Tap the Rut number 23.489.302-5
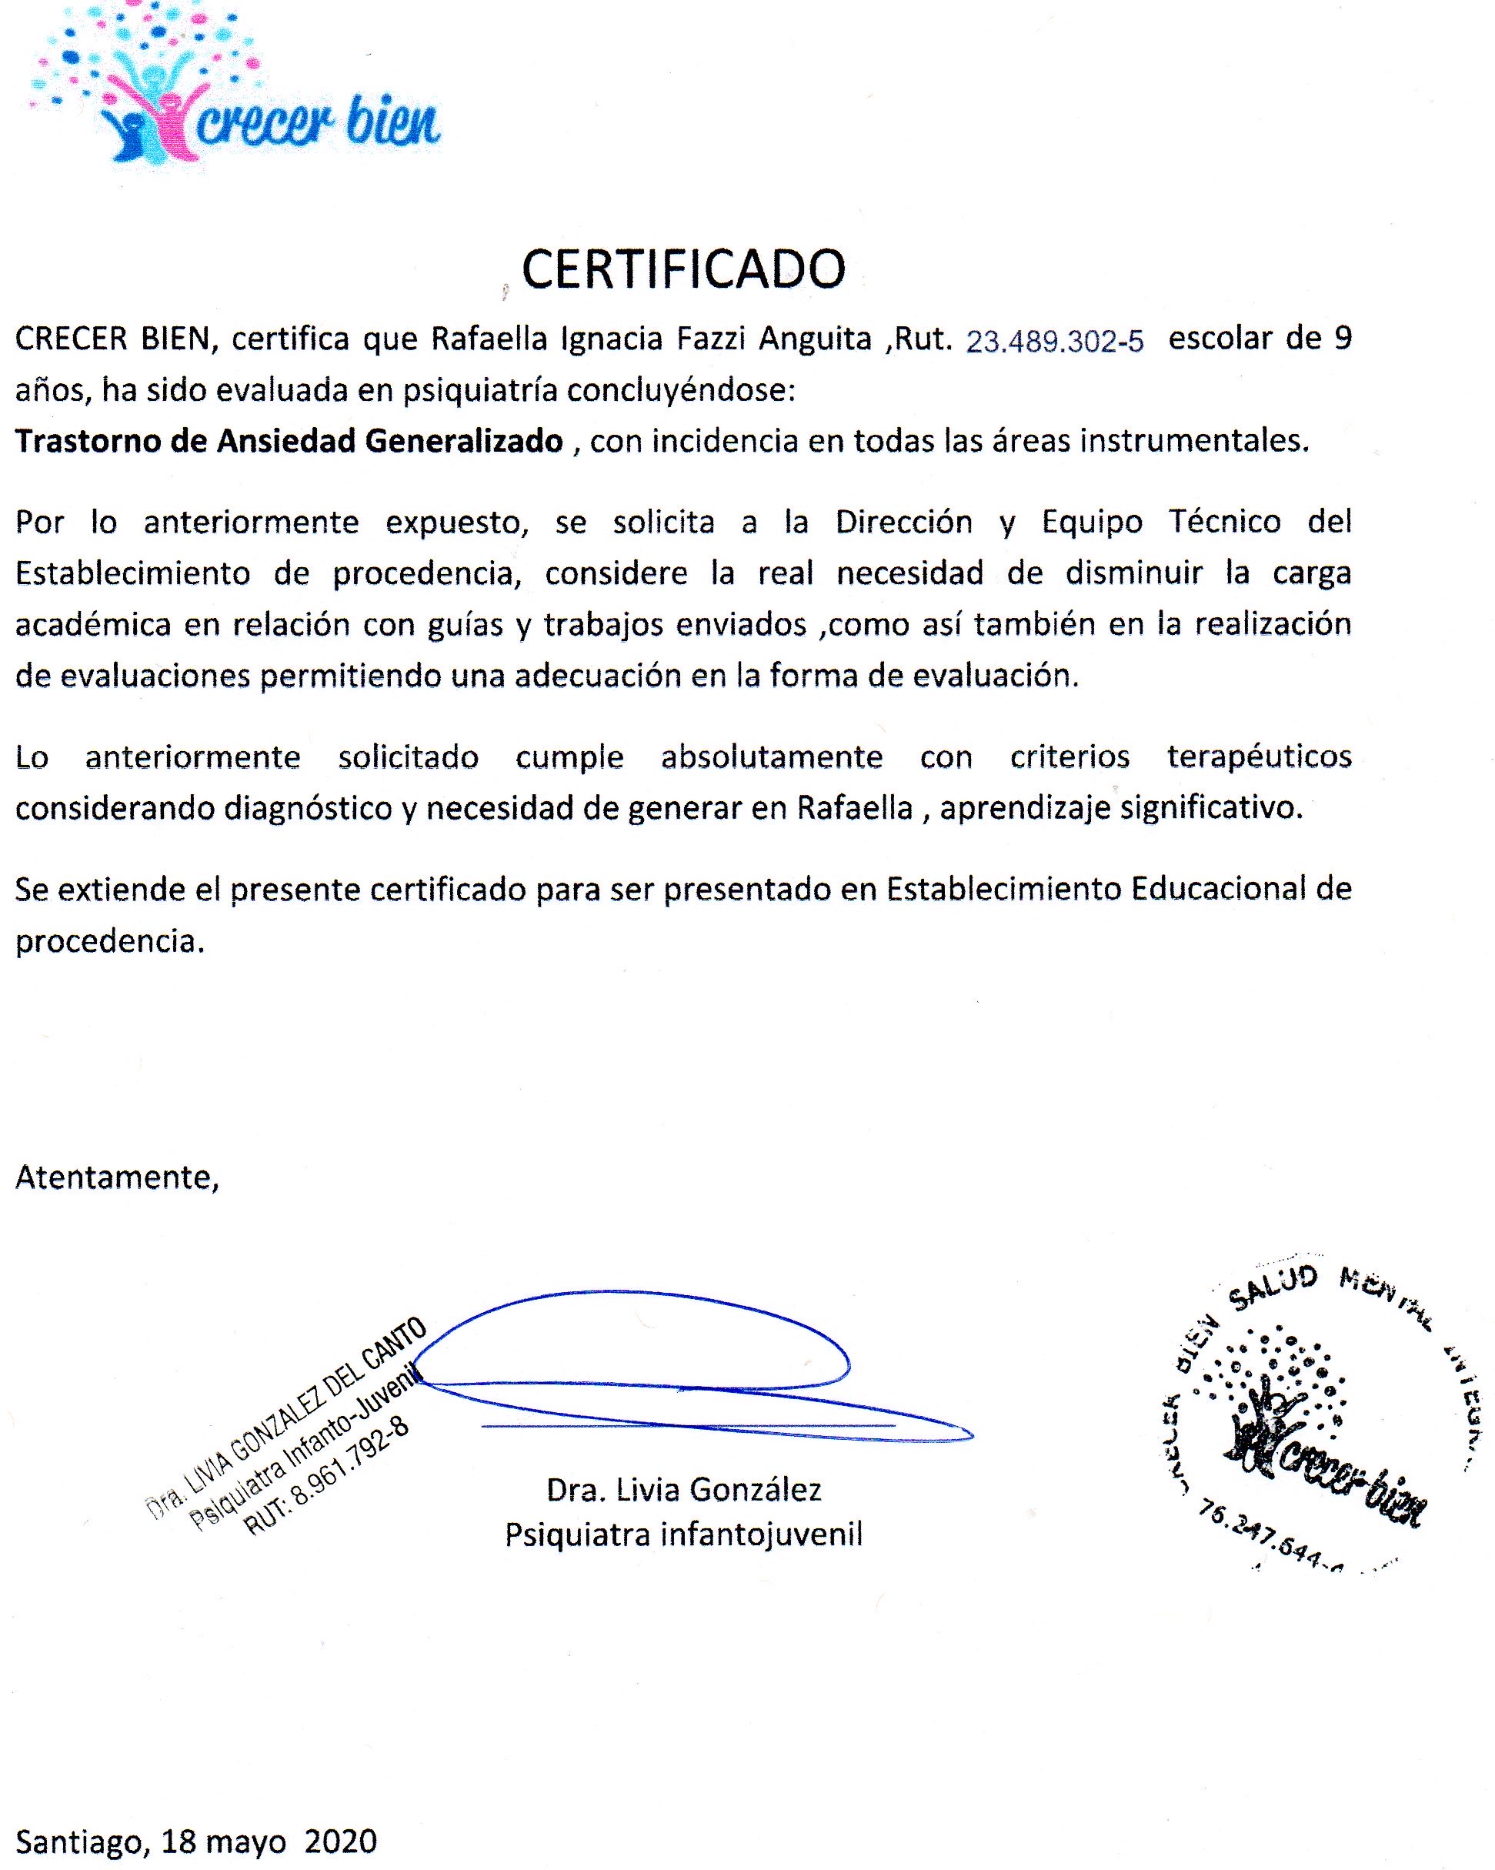[1054, 342]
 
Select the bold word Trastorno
[88, 441]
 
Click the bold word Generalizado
[464, 442]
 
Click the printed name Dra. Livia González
[683, 1489]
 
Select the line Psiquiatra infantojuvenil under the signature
[683, 1534]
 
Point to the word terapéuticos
[1259, 756]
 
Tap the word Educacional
[1217, 889]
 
